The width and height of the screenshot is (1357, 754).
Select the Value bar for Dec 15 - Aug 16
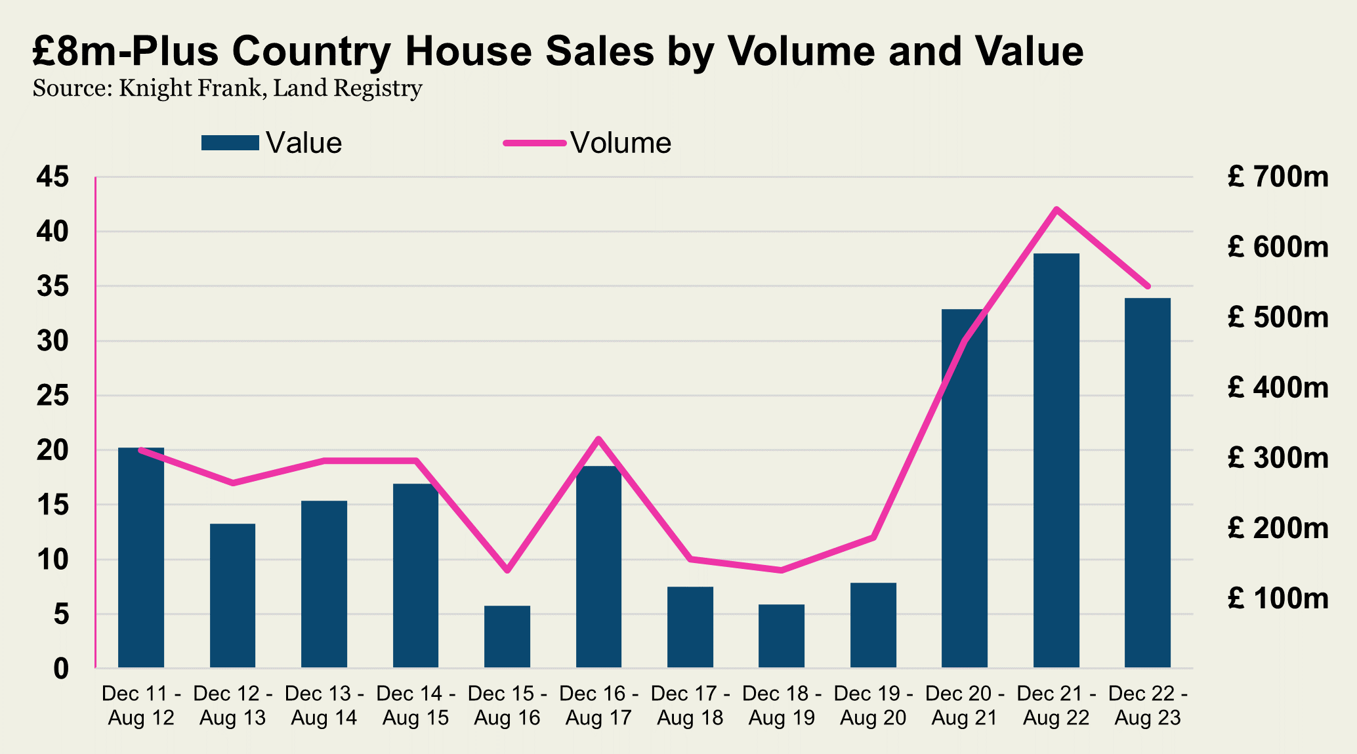507,637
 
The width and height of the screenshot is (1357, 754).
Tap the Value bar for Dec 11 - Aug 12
141,558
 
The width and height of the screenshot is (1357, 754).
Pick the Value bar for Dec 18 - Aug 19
782,636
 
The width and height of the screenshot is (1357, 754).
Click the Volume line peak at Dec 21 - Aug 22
1056,209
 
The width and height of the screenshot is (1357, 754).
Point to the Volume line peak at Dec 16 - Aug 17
598,438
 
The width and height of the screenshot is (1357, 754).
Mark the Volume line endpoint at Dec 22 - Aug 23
1148,287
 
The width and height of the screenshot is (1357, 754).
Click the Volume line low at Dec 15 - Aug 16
507,570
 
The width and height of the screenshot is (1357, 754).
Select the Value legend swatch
230,143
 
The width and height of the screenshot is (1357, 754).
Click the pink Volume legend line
534,143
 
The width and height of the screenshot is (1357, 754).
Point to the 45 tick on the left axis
52,177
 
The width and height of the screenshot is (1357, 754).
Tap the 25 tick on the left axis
52,396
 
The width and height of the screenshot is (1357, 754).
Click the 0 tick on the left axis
60,669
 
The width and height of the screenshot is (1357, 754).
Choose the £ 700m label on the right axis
1278,177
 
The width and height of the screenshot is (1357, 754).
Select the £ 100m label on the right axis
1278,598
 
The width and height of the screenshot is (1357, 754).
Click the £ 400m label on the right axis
1278,388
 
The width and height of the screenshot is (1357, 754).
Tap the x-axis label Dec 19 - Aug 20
873,705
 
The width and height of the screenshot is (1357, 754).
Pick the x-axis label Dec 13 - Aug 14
324,705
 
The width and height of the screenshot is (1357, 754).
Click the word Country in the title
311,51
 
